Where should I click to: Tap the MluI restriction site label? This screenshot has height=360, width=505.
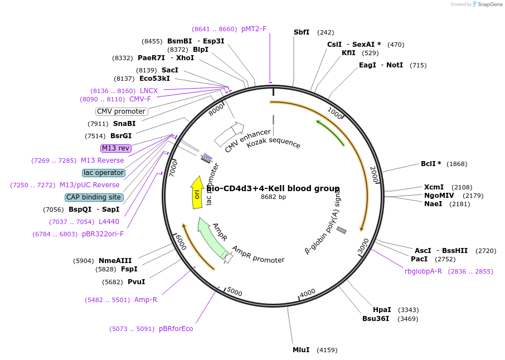pos(301,350)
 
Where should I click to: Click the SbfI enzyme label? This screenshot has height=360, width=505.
pos(302,32)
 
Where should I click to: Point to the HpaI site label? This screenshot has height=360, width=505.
pos(382,310)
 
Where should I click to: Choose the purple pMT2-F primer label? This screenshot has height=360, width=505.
pos(254,29)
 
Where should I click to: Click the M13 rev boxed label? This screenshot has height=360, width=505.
pos(115,148)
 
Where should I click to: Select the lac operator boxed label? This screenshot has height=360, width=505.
pos(104,173)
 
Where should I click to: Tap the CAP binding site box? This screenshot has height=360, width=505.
pos(94,197)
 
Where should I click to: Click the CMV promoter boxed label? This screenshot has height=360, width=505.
pos(122,111)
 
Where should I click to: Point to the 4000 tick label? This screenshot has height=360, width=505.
pos(308,293)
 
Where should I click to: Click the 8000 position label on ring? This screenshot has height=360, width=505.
pos(216,109)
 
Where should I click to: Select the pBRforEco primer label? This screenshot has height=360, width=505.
pos(176,329)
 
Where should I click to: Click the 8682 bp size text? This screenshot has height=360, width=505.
pos(273,197)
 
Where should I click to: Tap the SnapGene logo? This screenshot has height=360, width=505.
pos(487,4)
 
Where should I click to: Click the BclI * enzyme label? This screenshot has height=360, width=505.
pos(431,164)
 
